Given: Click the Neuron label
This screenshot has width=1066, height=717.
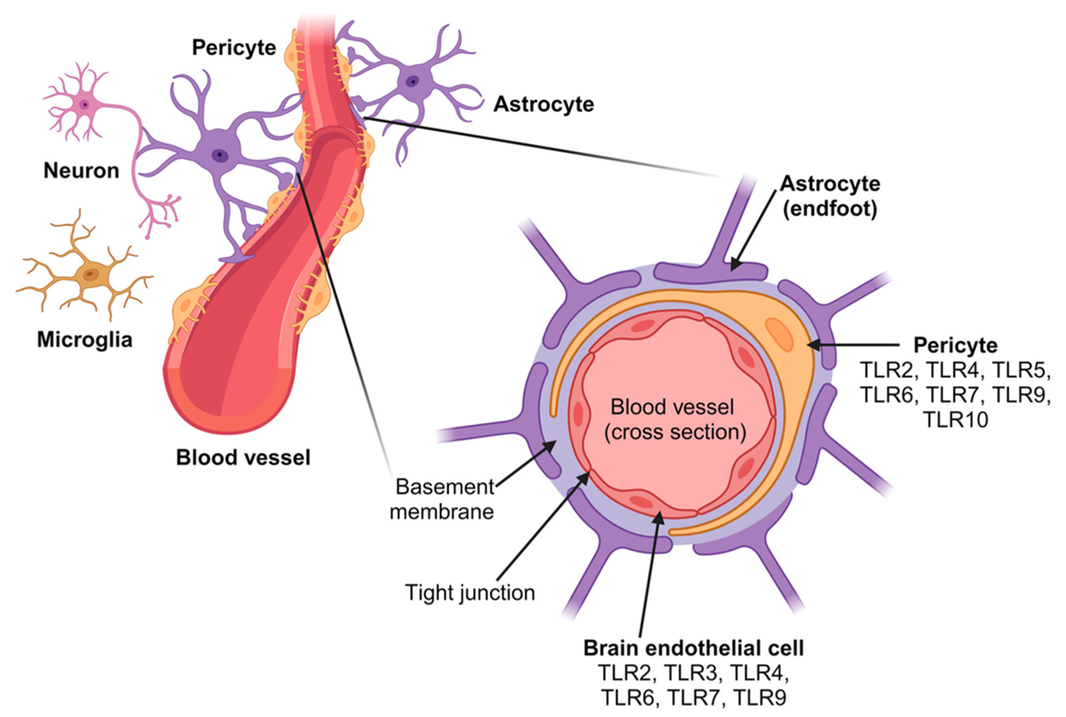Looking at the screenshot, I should (81, 170).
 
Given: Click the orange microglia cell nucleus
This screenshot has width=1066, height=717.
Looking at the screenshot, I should (90, 275).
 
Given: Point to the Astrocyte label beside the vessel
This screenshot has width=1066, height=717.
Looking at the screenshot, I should (544, 104).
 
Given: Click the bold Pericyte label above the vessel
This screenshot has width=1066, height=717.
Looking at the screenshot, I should (234, 48).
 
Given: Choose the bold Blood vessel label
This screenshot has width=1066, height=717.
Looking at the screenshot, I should (243, 457).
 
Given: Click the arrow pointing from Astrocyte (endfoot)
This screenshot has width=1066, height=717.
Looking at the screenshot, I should (755, 229).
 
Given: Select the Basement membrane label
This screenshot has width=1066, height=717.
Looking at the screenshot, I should (442, 499).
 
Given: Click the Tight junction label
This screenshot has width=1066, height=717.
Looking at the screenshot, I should (470, 593).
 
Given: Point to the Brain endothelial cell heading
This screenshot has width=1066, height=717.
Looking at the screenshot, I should (693, 648).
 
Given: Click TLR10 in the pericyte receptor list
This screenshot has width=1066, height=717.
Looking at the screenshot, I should (955, 419).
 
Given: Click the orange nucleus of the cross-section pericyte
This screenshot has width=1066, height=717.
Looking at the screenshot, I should (779, 335).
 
